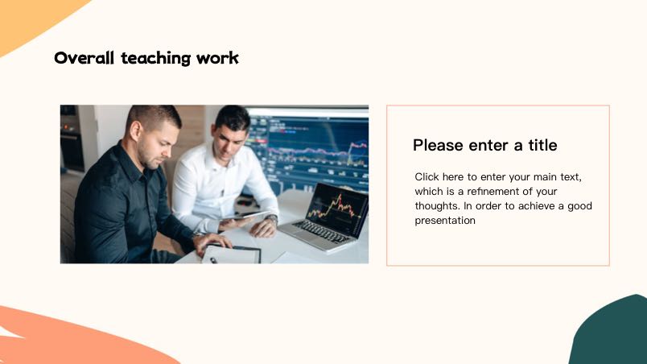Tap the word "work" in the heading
[x=217, y=58]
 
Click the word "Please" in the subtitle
[x=439, y=145]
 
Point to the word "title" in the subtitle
[x=542, y=145]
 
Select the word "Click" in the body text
[x=427, y=177]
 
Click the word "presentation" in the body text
[x=445, y=221]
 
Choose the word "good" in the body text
[x=579, y=206]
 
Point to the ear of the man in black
[x=135, y=130]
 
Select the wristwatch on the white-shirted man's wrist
[x=271, y=218]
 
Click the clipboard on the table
[x=231, y=254]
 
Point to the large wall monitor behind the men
[x=307, y=148]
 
